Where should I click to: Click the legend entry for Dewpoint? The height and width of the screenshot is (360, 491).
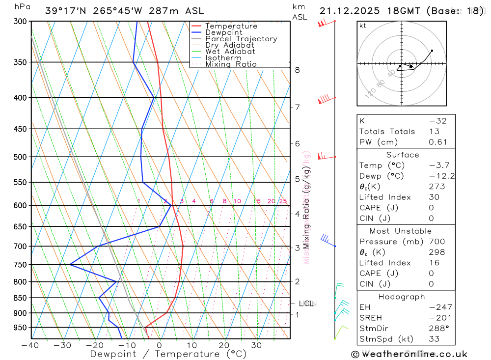click(223, 32)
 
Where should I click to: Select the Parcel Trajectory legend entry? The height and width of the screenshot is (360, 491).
click(241, 39)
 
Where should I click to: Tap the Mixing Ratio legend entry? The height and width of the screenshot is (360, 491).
click(231, 64)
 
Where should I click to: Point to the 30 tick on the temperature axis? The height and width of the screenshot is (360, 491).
click(256, 345)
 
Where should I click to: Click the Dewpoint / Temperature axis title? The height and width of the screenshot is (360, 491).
click(168, 354)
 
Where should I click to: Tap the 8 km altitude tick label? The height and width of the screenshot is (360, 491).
click(297, 70)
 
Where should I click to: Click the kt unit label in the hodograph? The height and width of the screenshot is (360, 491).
click(363, 26)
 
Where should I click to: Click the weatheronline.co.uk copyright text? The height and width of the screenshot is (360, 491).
click(409, 354)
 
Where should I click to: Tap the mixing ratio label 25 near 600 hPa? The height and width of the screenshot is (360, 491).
click(283, 201)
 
